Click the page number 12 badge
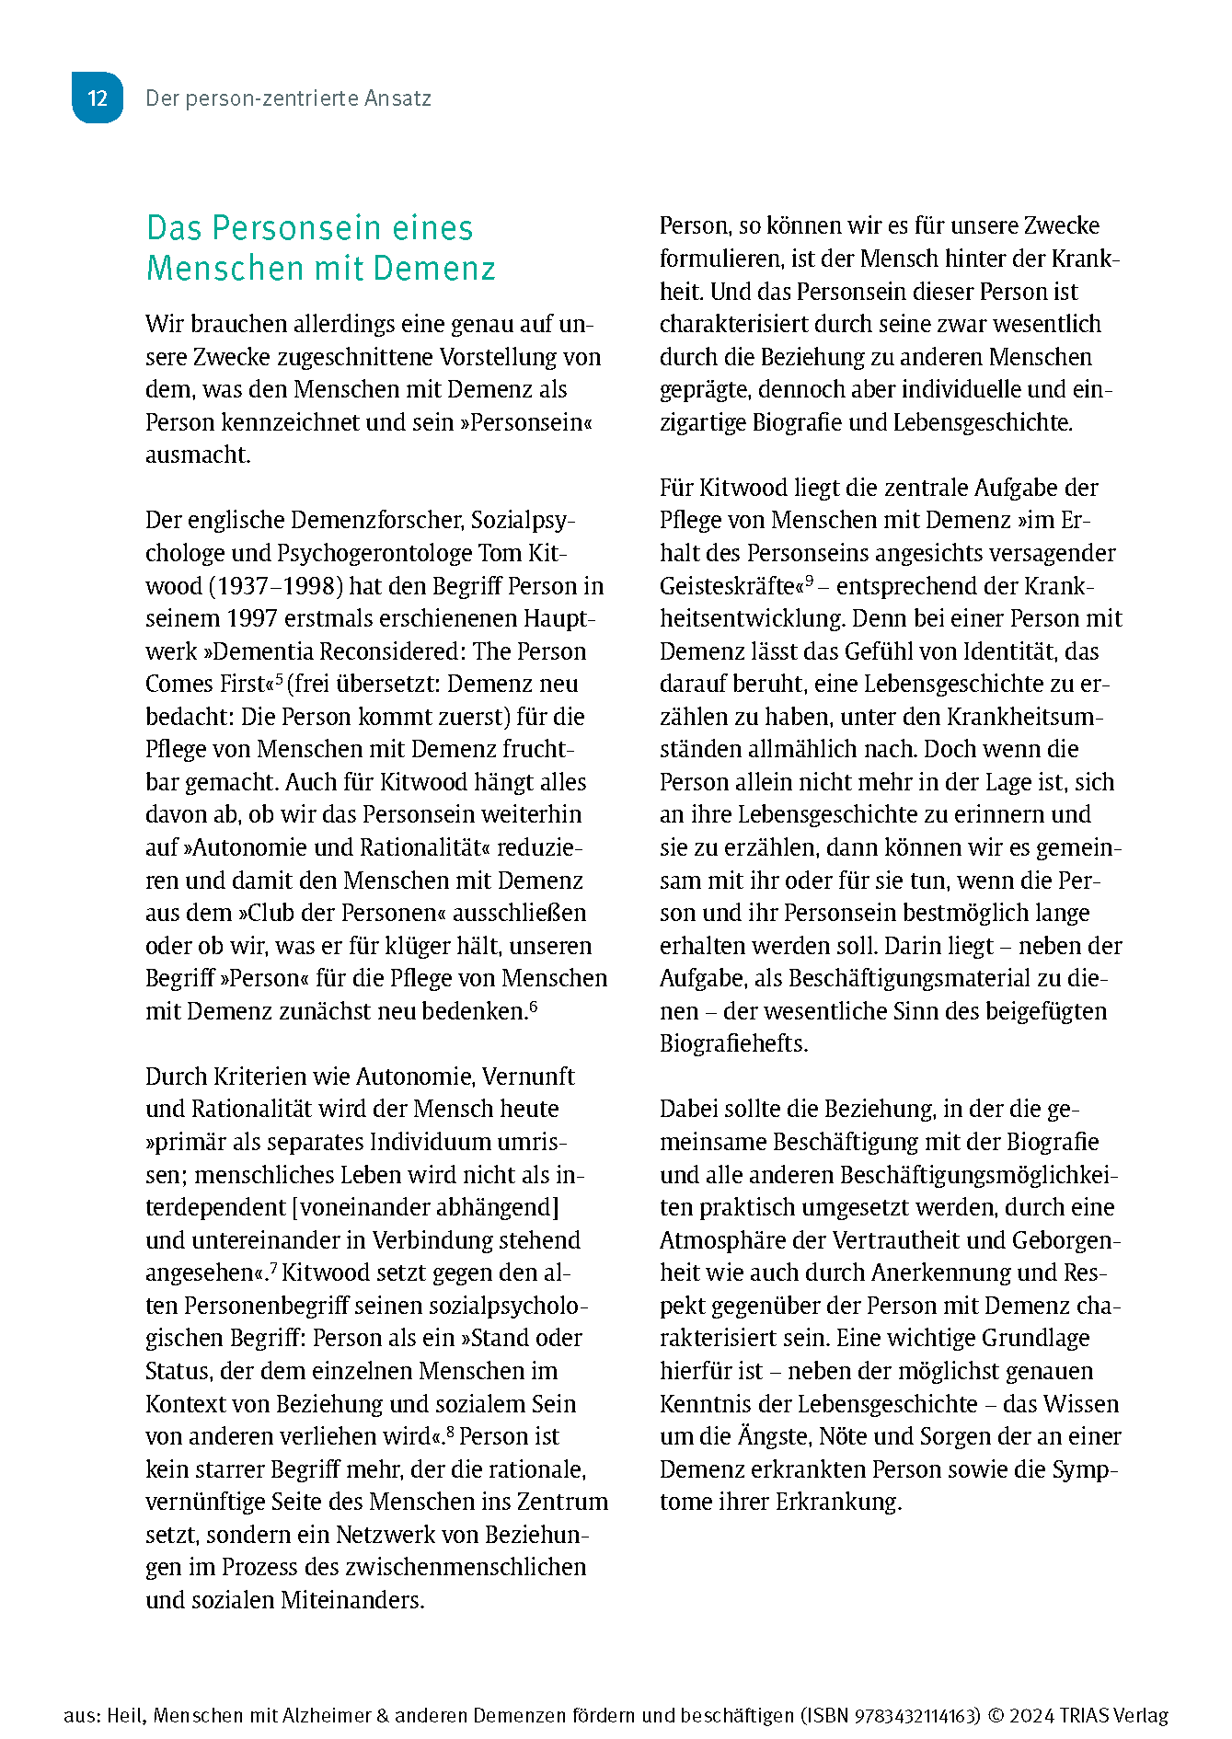(x=98, y=98)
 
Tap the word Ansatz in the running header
(x=397, y=98)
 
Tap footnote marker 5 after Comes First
(x=279, y=679)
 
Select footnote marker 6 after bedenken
(x=534, y=1006)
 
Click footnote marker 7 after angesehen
(x=273, y=1268)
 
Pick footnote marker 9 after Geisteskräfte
(x=810, y=581)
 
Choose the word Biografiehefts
(x=733, y=1044)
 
